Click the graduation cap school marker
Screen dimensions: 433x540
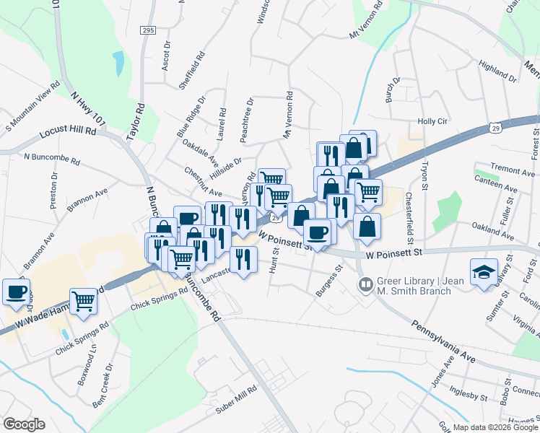pyautogui.click(x=484, y=272)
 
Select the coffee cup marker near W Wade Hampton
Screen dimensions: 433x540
pyautogui.click(x=16, y=292)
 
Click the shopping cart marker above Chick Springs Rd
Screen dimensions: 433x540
pyautogui.click(x=83, y=301)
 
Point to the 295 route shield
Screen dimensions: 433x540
pyautogui.click(x=148, y=30)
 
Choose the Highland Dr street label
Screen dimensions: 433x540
pyautogui.click(x=497, y=71)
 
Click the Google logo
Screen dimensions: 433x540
pyautogui.click(x=24, y=424)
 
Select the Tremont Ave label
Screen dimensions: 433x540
pyautogui.click(x=512, y=170)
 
